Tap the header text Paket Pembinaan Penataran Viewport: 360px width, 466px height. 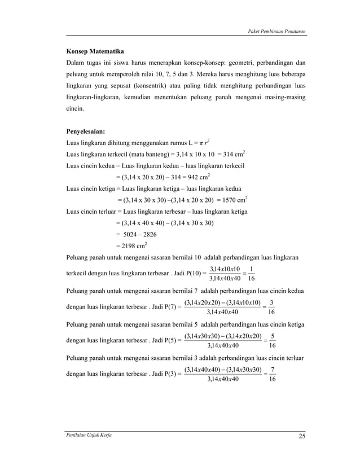[x=277, y=30]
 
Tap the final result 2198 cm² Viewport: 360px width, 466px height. [x=131, y=245]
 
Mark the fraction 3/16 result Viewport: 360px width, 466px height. [x=271, y=306]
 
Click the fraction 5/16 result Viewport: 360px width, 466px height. [x=272, y=340]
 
